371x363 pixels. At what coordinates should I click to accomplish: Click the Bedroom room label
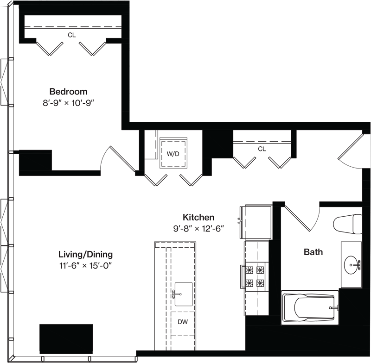click(x=68, y=91)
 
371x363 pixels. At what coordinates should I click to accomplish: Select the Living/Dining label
click(x=85, y=255)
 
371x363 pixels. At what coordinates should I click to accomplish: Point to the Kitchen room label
click(x=198, y=217)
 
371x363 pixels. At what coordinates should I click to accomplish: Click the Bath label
click(x=313, y=252)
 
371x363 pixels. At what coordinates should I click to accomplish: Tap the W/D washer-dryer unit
click(x=173, y=153)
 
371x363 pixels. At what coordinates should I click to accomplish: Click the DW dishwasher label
click(x=183, y=322)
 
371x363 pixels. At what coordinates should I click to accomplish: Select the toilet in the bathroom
click(x=347, y=224)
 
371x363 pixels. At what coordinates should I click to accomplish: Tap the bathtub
click(x=310, y=307)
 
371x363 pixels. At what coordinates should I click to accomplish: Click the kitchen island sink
click(x=183, y=294)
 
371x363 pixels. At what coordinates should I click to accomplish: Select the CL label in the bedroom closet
click(x=72, y=35)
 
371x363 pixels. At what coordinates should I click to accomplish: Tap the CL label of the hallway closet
click(x=262, y=149)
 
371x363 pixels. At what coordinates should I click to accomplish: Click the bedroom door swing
click(x=118, y=159)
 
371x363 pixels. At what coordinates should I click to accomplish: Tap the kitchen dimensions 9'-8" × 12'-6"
click(x=198, y=229)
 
